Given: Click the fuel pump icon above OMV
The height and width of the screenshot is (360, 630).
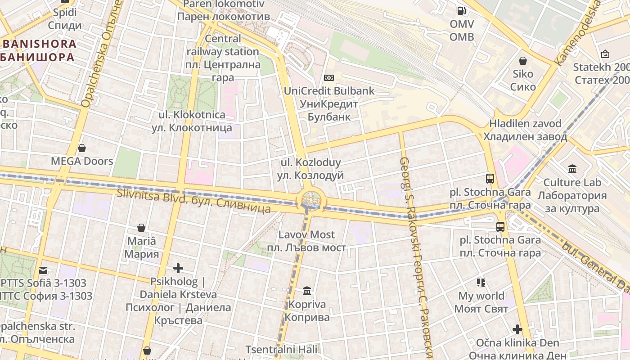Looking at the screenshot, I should pyautogui.click(x=462, y=10).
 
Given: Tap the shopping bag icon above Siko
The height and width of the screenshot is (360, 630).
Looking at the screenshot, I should pyautogui.click(x=523, y=60).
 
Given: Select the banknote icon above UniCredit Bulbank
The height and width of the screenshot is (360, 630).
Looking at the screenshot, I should pyautogui.click(x=329, y=78).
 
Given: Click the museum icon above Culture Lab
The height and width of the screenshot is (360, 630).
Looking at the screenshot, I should pyautogui.click(x=572, y=169).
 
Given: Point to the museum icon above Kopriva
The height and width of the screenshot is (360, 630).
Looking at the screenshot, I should pyautogui.click(x=307, y=291).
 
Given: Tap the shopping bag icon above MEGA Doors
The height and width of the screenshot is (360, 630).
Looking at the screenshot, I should pyautogui.click(x=82, y=148).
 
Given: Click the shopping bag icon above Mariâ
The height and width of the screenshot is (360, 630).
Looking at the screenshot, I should pyautogui.click(x=141, y=228).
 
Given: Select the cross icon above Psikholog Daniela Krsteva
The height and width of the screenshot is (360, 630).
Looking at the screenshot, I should pyautogui.click(x=178, y=269).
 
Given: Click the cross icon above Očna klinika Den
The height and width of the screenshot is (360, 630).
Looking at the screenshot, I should pyautogui.click(x=517, y=329).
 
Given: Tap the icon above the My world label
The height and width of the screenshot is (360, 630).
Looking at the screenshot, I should pyautogui.click(x=481, y=283).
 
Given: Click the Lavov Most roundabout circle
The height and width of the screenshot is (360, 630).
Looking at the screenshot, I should pyautogui.click(x=310, y=199).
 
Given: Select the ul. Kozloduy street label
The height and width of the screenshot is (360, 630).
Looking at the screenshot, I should pyautogui.click(x=310, y=169).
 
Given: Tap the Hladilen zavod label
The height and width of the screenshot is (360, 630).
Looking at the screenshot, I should pyautogui.click(x=525, y=130).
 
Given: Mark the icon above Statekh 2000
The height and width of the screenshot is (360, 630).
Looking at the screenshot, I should pyautogui.click(x=605, y=54).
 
